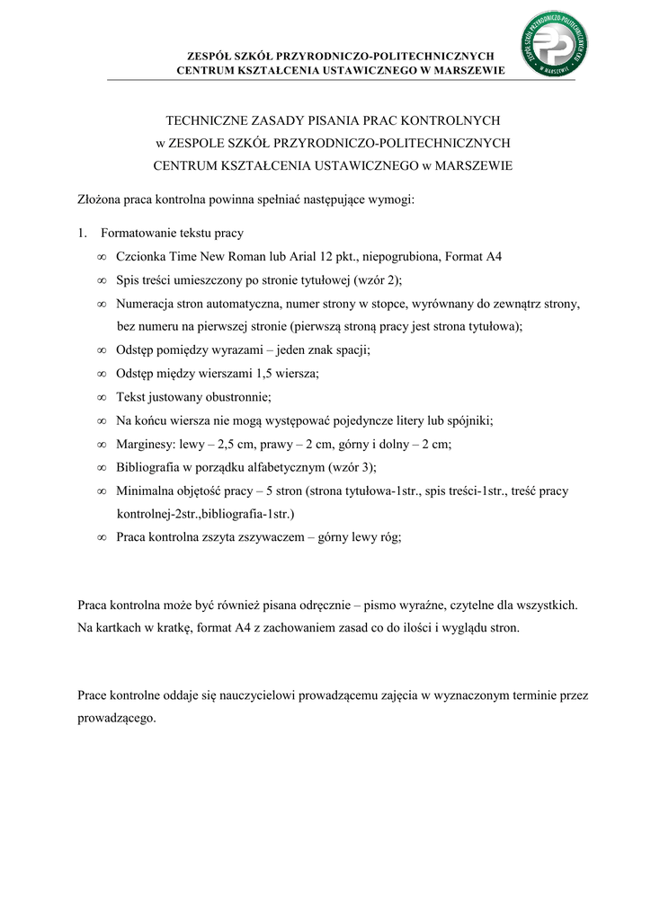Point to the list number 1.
(x=81, y=234)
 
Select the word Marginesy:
(x=146, y=444)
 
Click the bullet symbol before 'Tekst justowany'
(x=101, y=397)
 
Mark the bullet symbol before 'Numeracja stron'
(x=101, y=304)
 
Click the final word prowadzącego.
(x=117, y=719)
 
